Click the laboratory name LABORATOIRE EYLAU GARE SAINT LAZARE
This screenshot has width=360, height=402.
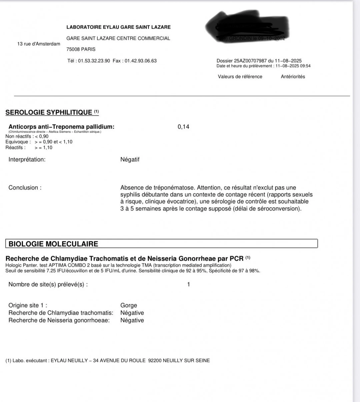(118, 27)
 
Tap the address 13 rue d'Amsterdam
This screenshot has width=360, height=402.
(39, 44)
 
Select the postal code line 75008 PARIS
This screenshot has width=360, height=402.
(81, 49)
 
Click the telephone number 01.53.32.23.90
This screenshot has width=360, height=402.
(94, 61)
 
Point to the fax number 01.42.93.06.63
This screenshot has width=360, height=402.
(140, 61)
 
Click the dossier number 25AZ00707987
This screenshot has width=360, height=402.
(250, 61)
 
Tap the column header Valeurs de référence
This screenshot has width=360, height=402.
(240, 76)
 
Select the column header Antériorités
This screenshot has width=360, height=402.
(293, 76)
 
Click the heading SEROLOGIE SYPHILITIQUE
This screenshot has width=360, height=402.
(49, 112)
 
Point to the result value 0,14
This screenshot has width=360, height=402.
(183, 127)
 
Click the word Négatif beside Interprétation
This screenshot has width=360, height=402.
(130, 159)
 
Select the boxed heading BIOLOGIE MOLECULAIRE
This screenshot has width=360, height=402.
(53, 244)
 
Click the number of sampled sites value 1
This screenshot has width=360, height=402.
(189, 284)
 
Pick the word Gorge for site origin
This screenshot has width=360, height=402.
(129, 305)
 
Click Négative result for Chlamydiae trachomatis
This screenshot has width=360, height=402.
(132, 313)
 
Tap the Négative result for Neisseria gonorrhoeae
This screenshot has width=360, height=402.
(132, 320)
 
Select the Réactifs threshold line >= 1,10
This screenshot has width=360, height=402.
(43, 147)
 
